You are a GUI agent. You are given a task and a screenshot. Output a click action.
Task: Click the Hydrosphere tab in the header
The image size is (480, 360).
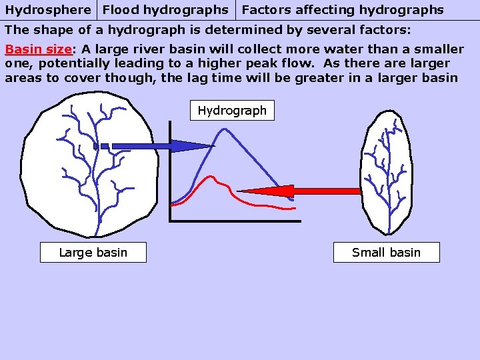tap(48, 10)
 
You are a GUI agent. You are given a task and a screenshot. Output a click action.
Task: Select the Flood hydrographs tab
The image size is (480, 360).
tap(166, 10)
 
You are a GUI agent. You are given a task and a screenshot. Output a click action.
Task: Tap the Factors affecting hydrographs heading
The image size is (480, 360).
tap(342, 10)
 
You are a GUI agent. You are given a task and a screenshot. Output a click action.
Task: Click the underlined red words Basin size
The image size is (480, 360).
tap(38, 49)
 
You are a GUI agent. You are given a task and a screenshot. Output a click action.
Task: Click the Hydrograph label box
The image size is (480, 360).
tap(232, 111)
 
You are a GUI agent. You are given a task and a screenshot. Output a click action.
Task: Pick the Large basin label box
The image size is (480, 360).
tap(93, 253)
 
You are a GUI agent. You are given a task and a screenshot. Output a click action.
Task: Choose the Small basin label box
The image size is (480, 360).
tap(386, 253)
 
